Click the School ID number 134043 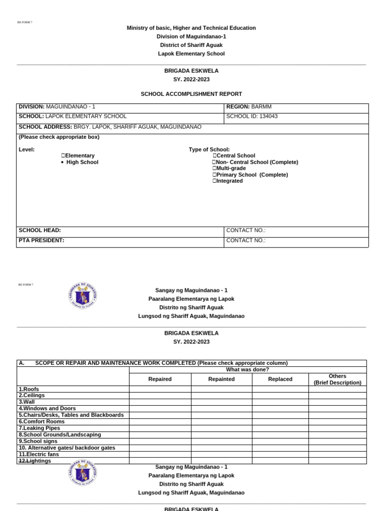(x=266, y=116)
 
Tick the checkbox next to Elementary (x=63, y=156)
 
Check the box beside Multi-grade (x=214, y=169)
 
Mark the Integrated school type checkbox (x=214, y=181)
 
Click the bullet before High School (x=62, y=162)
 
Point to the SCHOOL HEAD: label (x=40, y=231)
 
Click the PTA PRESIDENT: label (x=41, y=241)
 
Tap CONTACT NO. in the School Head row (x=246, y=231)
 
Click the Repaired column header (x=160, y=379)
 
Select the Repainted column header (x=221, y=379)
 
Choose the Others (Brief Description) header (x=338, y=379)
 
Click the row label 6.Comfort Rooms (x=42, y=422)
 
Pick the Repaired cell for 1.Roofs (x=160, y=389)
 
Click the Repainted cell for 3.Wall (x=221, y=402)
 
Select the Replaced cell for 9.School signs (x=280, y=441)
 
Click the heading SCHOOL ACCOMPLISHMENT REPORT (x=191, y=94)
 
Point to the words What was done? (x=247, y=370)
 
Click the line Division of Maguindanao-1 (x=191, y=36)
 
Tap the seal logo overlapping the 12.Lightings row (x=83, y=473)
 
